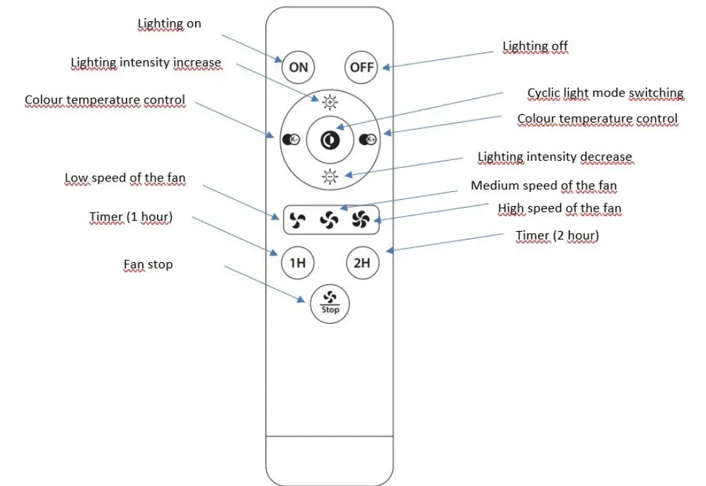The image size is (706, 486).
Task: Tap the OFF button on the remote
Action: pos(361,67)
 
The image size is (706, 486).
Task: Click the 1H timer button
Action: pos(297,264)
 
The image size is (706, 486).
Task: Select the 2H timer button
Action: pos(361,264)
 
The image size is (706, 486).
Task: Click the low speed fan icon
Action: pos(296,221)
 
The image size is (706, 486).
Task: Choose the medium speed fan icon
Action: pos(329,221)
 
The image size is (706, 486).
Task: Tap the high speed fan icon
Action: pos(360,221)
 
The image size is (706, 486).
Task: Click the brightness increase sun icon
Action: pos(330,103)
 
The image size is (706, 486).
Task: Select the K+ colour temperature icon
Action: pos(368,140)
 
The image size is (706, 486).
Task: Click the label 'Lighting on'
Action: pos(169,24)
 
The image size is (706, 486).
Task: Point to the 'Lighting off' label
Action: pos(535,47)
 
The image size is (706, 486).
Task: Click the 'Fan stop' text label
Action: pos(148,265)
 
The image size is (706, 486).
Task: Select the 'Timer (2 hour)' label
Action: pos(557,236)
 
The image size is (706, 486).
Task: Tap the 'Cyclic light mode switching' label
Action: pos(606,94)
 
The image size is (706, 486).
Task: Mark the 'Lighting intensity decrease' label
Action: pos(555,157)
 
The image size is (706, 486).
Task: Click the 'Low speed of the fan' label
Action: pos(125,179)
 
